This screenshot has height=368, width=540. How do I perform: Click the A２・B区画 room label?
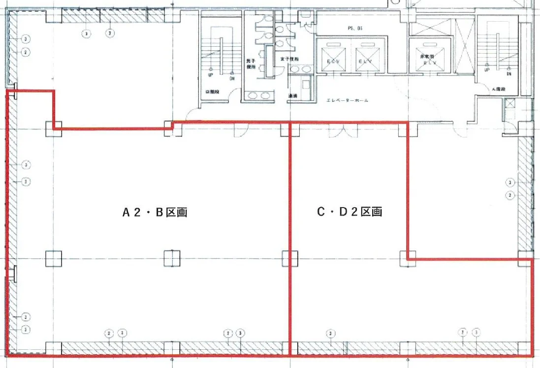[x=155, y=213]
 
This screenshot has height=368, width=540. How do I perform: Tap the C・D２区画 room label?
[x=349, y=212]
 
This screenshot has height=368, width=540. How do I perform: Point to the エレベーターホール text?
[x=348, y=100]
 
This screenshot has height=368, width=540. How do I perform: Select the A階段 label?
[x=499, y=89]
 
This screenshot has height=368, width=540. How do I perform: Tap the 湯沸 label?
[x=292, y=95]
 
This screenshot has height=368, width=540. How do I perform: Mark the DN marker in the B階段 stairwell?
[x=231, y=78]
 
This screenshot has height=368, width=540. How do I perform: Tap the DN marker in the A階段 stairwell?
[x=509, y=73]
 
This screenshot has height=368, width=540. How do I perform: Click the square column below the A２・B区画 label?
[x=172, y=258]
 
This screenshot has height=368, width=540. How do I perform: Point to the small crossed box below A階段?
[x=510, y=103]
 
